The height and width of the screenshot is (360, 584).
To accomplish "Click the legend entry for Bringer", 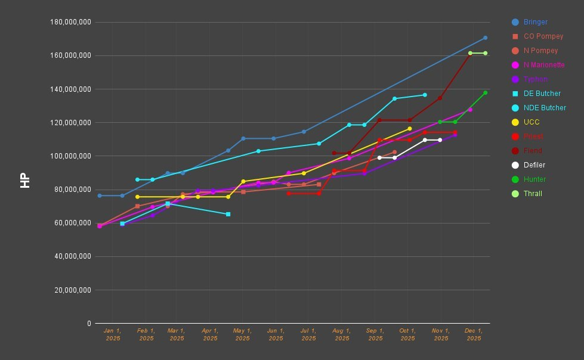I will [535, 22].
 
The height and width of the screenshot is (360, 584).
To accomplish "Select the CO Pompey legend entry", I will [543, 36].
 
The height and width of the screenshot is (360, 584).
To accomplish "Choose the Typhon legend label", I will [535, 79].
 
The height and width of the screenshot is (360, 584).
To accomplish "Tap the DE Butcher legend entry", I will [542, 94].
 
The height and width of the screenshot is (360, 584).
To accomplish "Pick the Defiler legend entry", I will [534, 165].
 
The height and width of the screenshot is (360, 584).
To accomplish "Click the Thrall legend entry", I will [533, 194].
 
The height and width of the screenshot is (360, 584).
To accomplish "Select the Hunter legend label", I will [534, 179].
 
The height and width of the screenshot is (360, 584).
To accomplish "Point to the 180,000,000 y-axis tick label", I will [70, 22].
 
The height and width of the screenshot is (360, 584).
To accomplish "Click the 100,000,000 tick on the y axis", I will [70, 156].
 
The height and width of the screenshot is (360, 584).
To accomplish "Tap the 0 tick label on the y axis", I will [89, 324].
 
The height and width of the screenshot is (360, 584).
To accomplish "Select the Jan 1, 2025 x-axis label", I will [112, 334].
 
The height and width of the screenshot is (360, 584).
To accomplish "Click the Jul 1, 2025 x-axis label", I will [308, 334].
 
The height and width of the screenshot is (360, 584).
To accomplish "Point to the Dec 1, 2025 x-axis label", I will [474, 334].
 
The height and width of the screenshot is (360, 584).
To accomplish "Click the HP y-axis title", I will [25, 181].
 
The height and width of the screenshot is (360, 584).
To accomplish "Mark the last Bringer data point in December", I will [485, 38].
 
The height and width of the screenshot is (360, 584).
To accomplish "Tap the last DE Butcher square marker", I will [228, 214].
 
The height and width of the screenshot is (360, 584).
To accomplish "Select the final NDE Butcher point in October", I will [425, 95].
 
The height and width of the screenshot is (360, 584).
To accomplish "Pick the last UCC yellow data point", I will [409, 129].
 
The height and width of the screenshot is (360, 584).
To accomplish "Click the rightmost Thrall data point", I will [485, 53].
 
